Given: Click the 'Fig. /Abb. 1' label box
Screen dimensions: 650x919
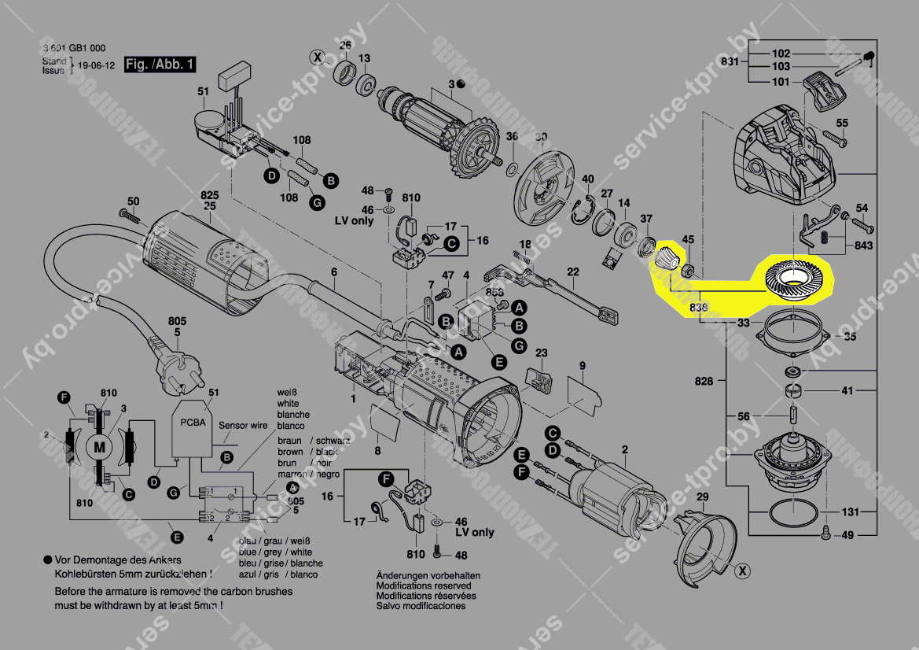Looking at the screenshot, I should (160, 65).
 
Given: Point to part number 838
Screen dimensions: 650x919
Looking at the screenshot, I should (697, 306).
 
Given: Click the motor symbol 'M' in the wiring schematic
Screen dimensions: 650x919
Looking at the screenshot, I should (99, 447).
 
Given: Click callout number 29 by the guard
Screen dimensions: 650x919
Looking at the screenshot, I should (702, 497).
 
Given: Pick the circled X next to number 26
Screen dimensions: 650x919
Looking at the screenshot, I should (317, 57).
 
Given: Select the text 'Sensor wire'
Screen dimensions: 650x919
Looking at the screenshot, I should (243, 426).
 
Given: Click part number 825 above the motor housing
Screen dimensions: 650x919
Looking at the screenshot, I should (209, 194).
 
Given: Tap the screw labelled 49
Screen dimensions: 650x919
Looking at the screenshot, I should (825, 533).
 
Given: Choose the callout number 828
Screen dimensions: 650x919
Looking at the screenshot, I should (704, 381).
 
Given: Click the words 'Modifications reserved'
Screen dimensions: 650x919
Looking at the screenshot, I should (424, 585).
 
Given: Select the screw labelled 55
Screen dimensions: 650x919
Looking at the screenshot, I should (834, 141).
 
